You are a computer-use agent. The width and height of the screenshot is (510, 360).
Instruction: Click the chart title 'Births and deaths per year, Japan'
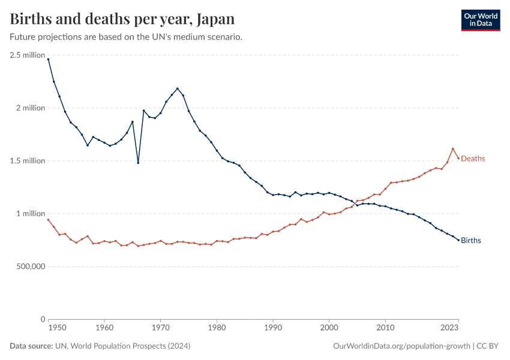122,18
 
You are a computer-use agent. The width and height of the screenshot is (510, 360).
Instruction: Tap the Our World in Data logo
480,20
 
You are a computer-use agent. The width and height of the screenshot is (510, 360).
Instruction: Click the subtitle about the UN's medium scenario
126,37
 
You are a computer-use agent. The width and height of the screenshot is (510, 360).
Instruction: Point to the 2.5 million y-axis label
28,55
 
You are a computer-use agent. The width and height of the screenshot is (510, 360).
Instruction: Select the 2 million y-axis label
31,108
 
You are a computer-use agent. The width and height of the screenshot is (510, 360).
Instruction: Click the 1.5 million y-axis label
28,161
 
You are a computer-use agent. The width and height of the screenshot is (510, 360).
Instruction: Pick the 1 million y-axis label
31,214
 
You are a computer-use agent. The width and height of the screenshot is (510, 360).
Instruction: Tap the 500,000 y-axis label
28,266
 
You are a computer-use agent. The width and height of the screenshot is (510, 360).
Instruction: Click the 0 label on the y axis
43,319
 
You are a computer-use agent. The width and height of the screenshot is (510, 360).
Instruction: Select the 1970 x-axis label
160,329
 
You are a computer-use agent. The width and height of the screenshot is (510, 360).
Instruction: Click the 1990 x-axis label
273,329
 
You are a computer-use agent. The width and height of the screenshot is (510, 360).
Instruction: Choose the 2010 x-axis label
385,329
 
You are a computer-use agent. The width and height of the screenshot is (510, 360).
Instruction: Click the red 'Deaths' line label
473,159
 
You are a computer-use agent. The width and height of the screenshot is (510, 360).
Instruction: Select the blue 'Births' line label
471,241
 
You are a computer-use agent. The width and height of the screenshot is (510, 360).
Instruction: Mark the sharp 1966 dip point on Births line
138,163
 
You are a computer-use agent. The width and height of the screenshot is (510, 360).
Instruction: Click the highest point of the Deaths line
453,149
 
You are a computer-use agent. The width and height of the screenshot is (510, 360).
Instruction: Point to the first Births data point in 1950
48,59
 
